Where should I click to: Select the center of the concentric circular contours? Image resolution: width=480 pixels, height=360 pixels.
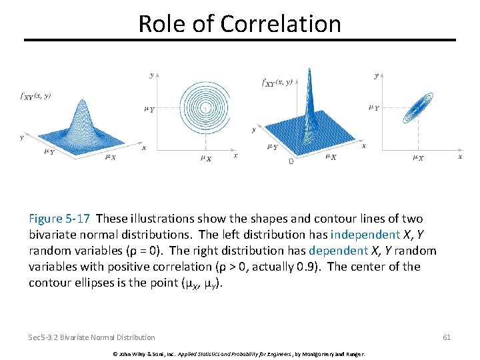pos(207,107)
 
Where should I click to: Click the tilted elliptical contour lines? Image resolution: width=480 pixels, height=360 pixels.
pos(419,107)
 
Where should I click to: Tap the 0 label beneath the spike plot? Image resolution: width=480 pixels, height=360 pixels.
pos(291,161)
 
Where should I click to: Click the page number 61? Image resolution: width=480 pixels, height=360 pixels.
pos(447,337)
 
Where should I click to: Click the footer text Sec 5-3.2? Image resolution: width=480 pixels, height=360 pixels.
pos(50,337)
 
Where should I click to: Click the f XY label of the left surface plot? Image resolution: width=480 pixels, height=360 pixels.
pos(35,96)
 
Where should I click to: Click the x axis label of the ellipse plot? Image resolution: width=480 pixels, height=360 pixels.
pos(460,156)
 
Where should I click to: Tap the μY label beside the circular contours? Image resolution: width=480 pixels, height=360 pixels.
pos(149,109)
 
